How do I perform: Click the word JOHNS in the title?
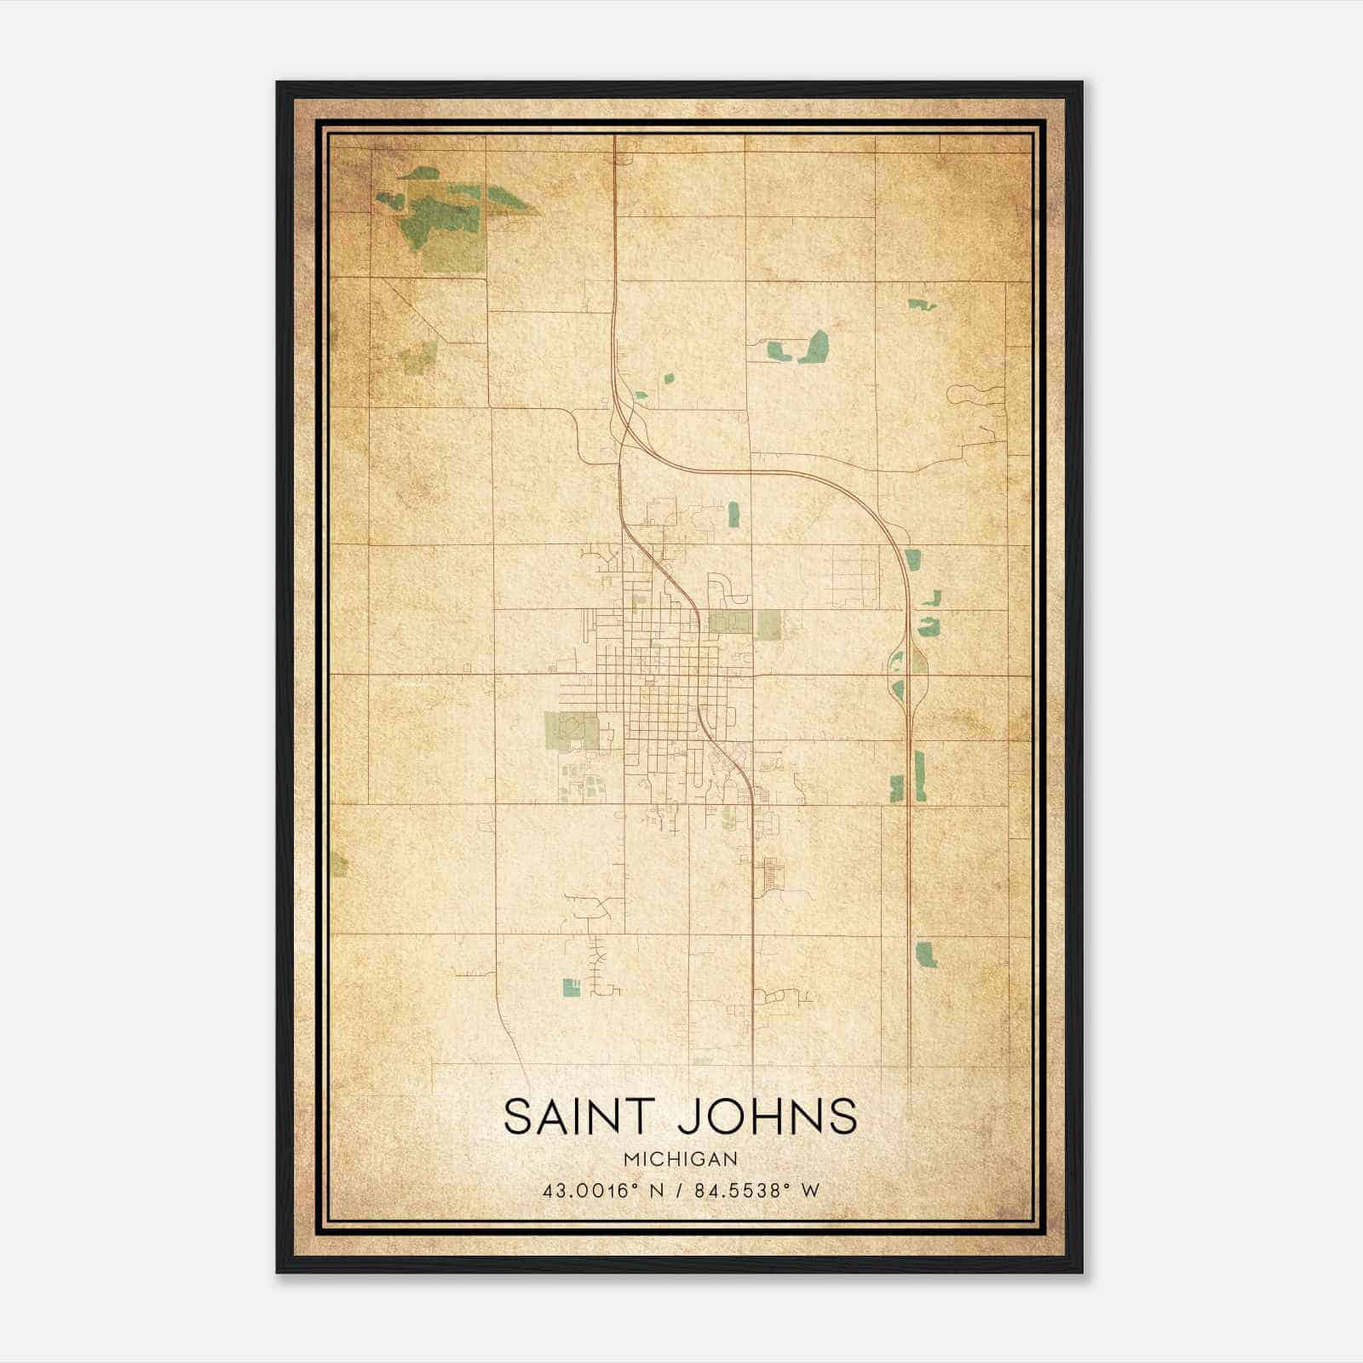[767, 1116]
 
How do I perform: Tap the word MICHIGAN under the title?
[681, 1159]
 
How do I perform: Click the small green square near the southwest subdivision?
[571, 986]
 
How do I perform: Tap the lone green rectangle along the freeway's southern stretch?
[926, 953]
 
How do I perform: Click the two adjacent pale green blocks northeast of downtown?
[745, 624]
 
